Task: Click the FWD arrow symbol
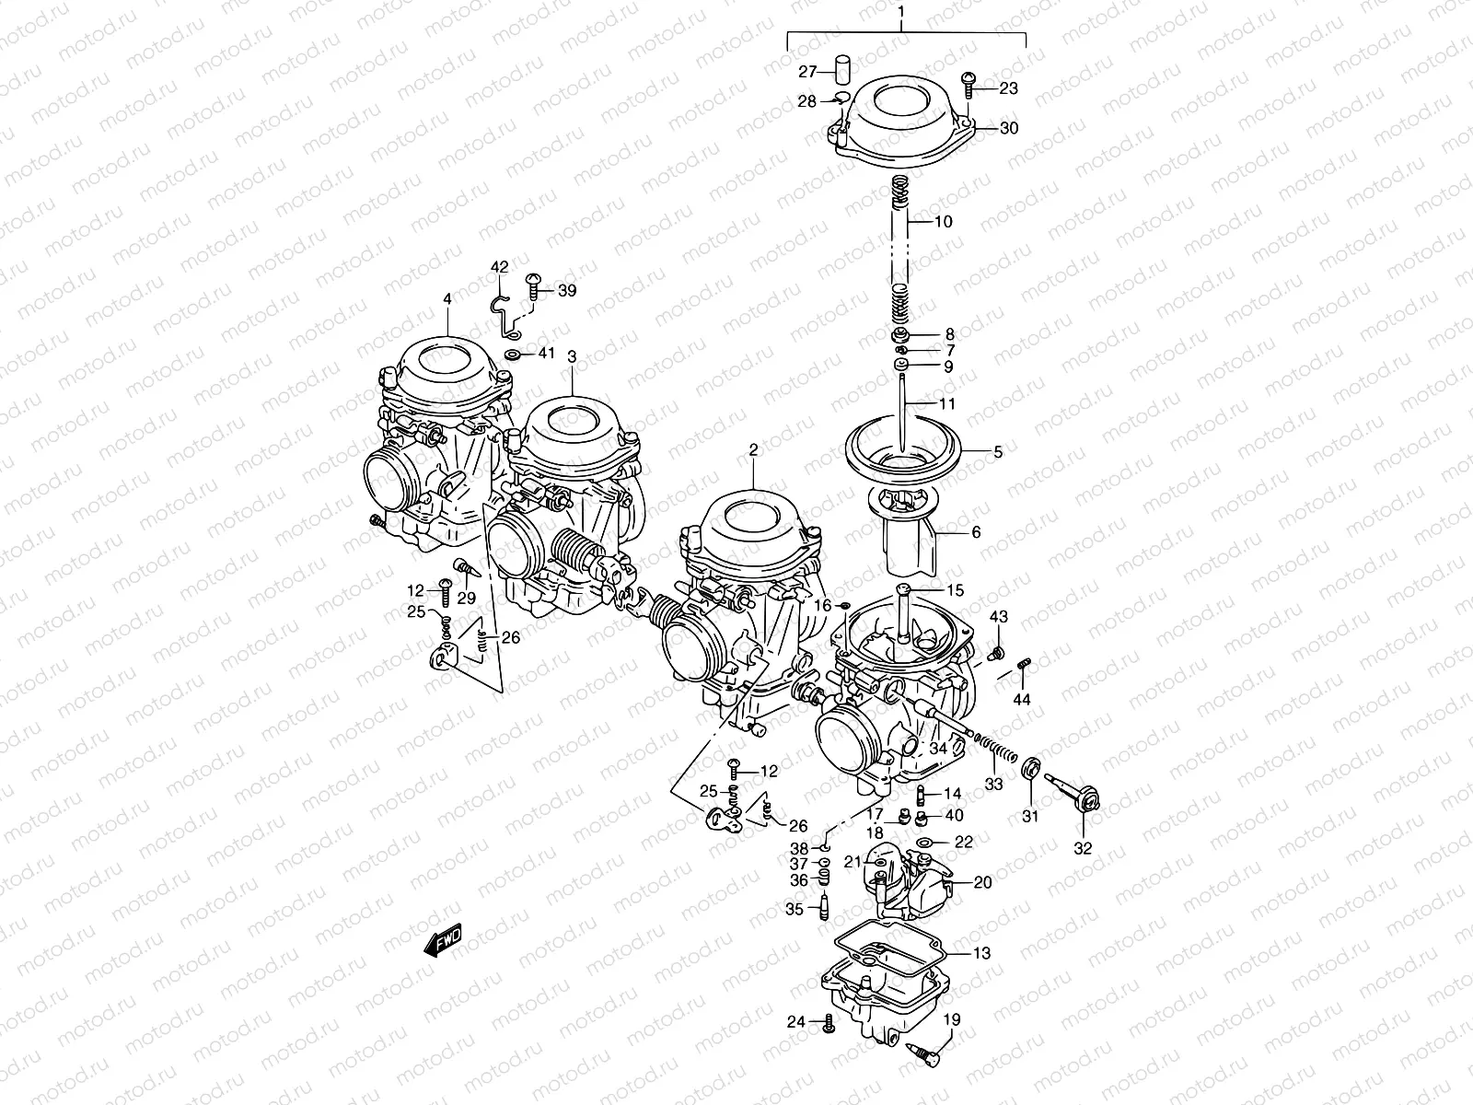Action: (x=443, y=940)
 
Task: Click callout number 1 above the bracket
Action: (x=902, y=13)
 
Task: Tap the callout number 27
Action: (x=807, y=72)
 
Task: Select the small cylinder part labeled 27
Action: (x=840, y=69)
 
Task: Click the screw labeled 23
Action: (x=968, y=87)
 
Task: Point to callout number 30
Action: (x=1009, y=128)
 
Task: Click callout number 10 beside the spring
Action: (x=943, y=222)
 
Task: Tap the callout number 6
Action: (x=976, y=532)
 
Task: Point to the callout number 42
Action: (x=499, y=267)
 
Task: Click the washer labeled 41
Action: (x=514, y=355)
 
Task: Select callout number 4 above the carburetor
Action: (x=447, y=298)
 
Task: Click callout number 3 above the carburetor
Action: (x=572, y=355)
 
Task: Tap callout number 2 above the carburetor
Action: (x=753, y=450)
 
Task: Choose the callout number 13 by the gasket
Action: (x=981, y=954)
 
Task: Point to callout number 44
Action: (x=1022, y=700)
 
